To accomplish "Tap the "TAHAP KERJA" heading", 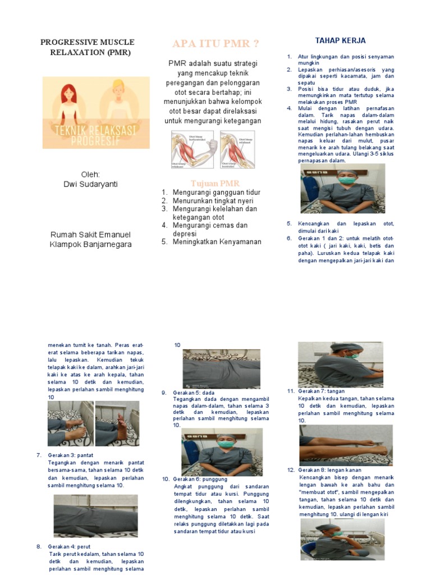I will [340, 40].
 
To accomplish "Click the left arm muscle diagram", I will [192, 150].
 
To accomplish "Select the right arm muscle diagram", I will [237, 150].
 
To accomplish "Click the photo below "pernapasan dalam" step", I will [342, 189].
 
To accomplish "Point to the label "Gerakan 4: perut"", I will [70, 546].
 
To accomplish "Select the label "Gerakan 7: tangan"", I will [322, 391].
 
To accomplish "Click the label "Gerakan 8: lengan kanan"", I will [330, 470].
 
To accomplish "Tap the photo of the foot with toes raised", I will [117, 423].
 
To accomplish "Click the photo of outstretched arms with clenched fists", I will [345, 445].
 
